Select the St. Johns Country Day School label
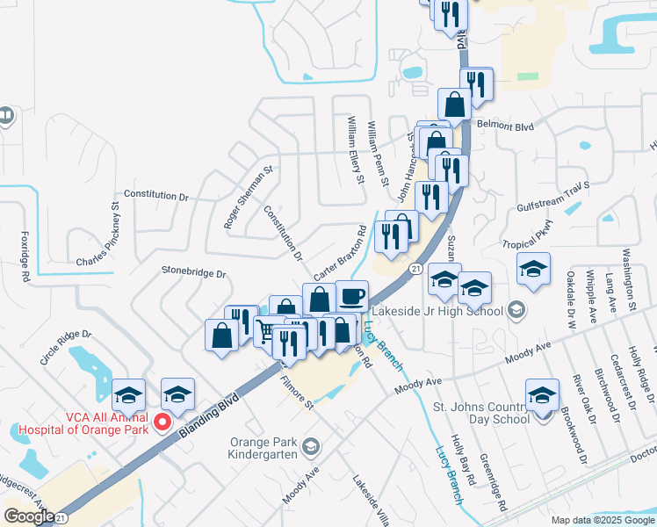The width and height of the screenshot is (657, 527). click(482, 413)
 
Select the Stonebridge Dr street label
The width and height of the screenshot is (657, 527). click(194, 274)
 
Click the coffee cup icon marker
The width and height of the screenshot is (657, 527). click(351, 296)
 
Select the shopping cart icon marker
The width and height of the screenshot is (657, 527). click(266, 330)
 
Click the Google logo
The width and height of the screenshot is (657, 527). click(29, 516)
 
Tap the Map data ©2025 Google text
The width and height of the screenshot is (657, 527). click(603, 520)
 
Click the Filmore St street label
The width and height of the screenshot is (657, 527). click(296, 393)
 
